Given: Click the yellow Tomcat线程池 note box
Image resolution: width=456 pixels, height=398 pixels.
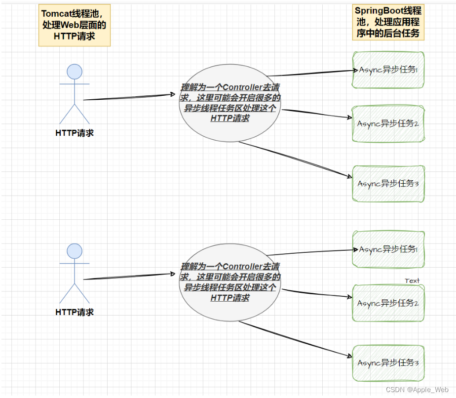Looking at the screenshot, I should [74, 25].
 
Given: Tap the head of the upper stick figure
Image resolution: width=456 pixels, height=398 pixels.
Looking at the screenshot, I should [75, 72].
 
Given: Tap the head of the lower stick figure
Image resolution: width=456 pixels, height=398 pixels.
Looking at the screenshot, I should [75, 251].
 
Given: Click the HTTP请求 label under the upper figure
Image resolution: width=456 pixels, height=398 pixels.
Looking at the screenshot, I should [75, 133].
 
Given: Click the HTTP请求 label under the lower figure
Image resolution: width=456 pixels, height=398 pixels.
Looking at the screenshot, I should [75, 312].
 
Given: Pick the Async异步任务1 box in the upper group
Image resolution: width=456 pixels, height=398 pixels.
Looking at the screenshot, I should [388, 70].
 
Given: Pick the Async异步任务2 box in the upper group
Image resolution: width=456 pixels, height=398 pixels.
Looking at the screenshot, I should [388, 124].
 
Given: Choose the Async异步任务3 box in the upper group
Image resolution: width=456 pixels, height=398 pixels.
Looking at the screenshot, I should [388, 184].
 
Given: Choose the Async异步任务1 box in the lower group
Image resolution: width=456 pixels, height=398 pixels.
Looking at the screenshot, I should [388, 250].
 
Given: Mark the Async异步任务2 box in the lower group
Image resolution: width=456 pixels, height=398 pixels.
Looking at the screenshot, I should [388, 303].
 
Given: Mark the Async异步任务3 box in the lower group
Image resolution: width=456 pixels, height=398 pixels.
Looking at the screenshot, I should [388, 363].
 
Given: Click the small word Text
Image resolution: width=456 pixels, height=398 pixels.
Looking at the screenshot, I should [412, 280].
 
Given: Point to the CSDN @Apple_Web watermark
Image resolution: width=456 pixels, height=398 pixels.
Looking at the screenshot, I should [417, 390].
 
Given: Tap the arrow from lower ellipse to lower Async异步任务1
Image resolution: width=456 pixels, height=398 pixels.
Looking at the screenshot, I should [311, 252].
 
